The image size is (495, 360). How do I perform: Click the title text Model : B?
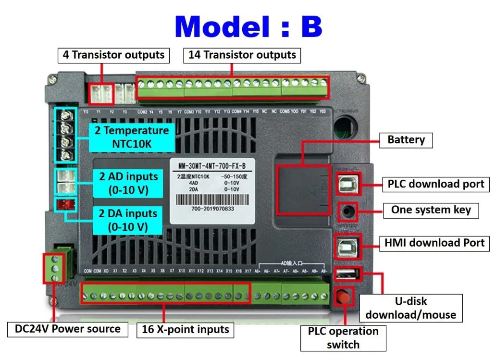click(248, 26)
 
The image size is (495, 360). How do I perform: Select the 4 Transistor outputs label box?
click(113, 55)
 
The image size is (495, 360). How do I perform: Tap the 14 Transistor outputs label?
click(242, 55)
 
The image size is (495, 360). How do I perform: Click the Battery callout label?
click(406, 140)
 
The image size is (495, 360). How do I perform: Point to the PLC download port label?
click(436, 184)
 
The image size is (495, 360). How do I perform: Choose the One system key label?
click(431, 210)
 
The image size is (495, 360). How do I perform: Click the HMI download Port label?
click(434, 243)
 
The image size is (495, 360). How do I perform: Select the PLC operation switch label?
click(343, 337)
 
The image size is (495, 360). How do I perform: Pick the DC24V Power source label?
click(67, 329)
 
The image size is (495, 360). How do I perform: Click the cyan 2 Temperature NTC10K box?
click(131, 137)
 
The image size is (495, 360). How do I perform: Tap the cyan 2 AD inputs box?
click(124, 183)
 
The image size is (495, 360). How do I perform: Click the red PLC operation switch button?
click(343, 296)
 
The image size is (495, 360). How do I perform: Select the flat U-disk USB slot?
click(346, 274)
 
